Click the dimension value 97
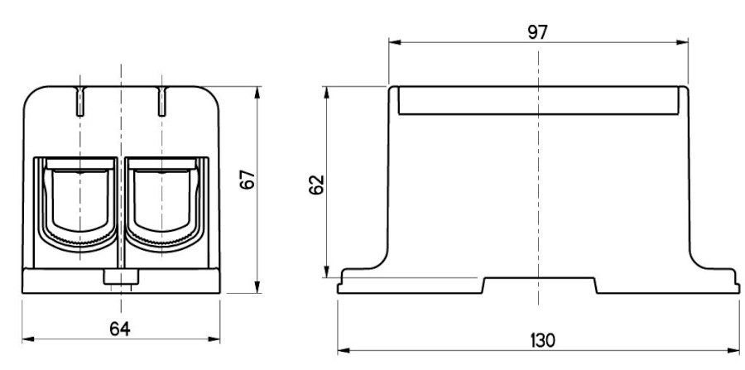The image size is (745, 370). click(x=538, y=32)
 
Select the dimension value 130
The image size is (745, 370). click(x=542, y=340)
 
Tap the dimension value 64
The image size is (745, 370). click(x=120, y=329)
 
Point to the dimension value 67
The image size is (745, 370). click(x=248, y=180)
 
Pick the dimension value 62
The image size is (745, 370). click(x=316, y=185)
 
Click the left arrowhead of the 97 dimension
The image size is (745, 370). click(x=395, y=42)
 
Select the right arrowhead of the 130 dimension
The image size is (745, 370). click(x=733, y=351)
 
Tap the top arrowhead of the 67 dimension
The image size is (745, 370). click(x=257, y=93)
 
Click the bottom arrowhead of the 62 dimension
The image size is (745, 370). click(x=326, y=271)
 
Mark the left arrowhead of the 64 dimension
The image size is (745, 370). click(x=28, y=339)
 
